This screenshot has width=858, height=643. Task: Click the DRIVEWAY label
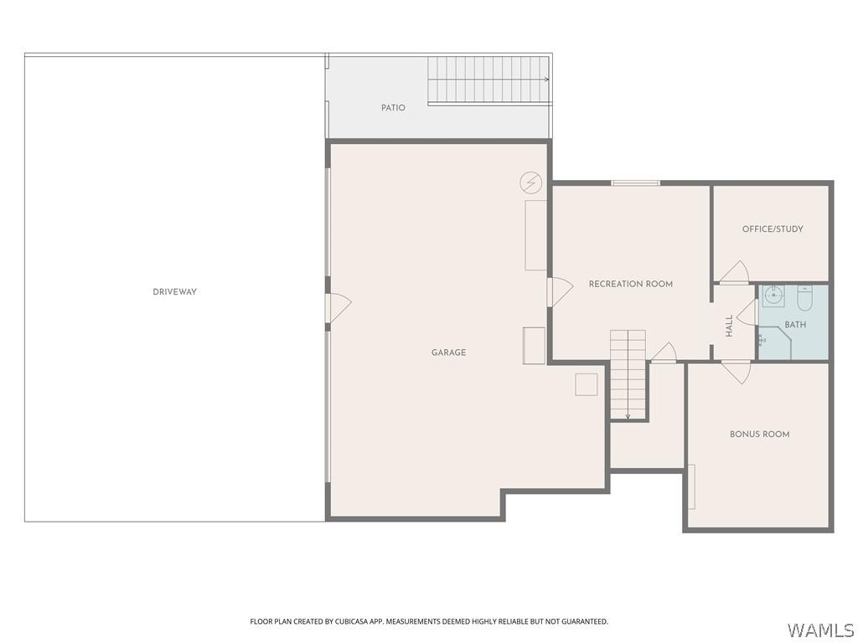[174, 292]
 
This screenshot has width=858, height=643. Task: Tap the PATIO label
[393, 108]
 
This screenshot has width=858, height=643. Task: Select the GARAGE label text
[448, 352]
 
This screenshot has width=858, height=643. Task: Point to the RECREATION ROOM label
[630, 284]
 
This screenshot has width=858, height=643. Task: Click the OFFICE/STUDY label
[772, 229]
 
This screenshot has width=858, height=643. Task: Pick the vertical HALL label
[729, 326]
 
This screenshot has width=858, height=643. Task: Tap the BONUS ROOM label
[759, 434]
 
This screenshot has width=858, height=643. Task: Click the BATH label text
[795, 325]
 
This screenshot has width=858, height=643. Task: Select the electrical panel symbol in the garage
[530, 183]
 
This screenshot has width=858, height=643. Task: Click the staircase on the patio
[488, 80]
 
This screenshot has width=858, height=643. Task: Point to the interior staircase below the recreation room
[628, 374]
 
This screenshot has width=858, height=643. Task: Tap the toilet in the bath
[804, 298]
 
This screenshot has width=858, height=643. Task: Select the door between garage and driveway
[337, 308]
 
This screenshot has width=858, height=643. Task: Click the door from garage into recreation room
[559, 292]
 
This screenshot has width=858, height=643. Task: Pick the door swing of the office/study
[734, 273]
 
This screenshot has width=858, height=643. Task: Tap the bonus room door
[737, 371]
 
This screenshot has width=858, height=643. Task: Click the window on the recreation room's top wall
[635, 183]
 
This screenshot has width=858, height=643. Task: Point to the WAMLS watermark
[820, 630]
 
